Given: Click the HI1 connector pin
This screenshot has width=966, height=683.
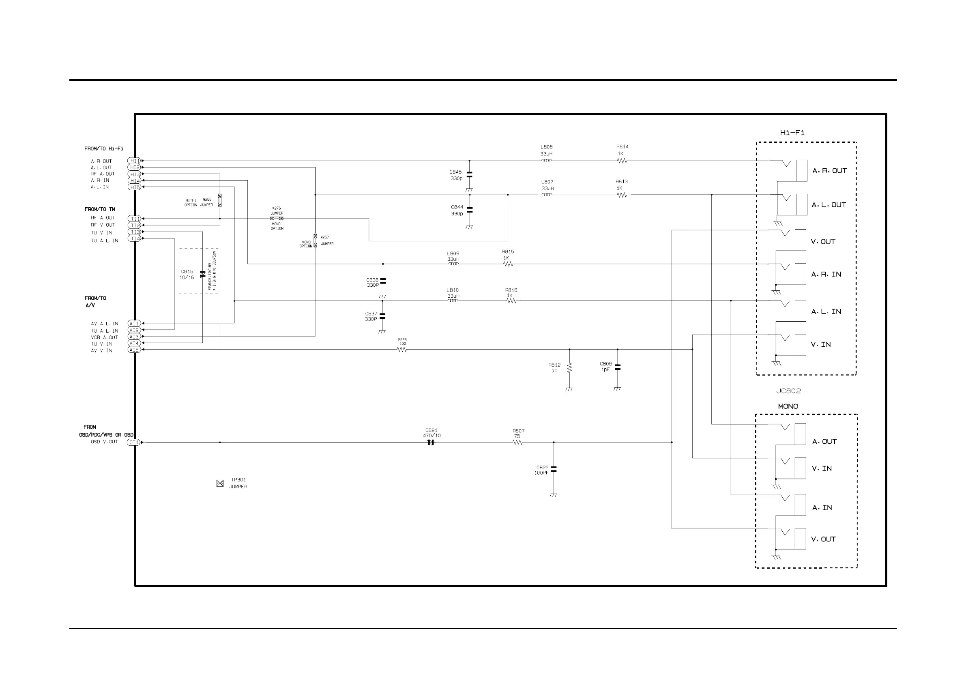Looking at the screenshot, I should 134,161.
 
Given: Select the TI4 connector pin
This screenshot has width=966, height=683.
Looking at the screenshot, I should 135,238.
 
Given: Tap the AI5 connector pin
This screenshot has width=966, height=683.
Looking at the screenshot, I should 134,350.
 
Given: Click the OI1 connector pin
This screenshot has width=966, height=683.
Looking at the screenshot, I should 133,442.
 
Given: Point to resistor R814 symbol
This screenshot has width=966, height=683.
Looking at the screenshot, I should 622,161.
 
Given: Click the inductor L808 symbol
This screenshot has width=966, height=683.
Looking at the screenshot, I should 546,160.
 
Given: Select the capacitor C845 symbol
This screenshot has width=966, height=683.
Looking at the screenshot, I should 470,175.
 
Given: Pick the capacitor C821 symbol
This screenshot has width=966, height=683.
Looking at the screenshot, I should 430,442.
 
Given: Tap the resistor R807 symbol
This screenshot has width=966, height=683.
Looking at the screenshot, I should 517,442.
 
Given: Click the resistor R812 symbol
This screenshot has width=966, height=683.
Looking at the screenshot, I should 569,368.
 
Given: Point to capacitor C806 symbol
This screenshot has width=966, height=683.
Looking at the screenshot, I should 617,367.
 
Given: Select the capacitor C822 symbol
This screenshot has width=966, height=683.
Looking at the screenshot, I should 554,469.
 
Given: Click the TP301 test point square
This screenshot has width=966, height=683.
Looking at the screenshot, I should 220,483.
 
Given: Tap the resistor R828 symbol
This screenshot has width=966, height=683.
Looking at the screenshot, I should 402,349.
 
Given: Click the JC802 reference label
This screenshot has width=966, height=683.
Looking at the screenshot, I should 788,391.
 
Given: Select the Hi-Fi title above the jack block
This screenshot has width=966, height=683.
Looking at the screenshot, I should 792,133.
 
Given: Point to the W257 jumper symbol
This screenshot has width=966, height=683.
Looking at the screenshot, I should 315,240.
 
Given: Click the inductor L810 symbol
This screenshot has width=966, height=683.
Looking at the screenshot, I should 453,301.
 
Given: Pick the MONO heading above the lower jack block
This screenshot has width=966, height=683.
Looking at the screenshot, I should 788,406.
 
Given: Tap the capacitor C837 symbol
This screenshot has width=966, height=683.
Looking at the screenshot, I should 382,316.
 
